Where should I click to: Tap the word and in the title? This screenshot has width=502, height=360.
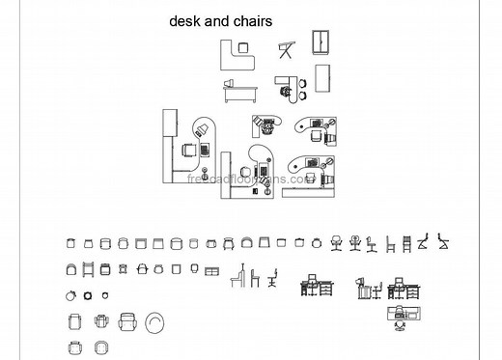click(217, 20)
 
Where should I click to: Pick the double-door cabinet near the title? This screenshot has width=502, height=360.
click(321, 43)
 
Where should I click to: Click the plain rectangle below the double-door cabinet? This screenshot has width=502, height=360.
click(321, 77)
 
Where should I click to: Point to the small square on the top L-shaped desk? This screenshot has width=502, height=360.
click(242, 46)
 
